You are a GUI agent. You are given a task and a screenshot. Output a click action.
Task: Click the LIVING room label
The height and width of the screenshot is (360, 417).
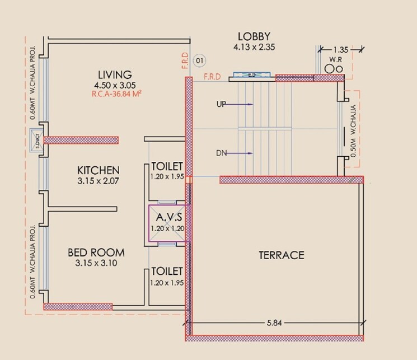coord(115,74)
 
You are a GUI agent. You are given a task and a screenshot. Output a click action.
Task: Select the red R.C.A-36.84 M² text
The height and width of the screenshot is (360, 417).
coord(116,94)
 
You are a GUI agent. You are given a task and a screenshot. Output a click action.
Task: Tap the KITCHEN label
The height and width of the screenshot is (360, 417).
coord(98,170)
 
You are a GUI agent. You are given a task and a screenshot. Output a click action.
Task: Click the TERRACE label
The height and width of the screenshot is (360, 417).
coord(282,255)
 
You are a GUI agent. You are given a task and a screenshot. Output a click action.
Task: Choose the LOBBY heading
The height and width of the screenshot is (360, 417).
coord(254,37)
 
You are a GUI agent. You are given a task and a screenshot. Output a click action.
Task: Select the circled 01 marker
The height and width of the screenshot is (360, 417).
coord(199,60)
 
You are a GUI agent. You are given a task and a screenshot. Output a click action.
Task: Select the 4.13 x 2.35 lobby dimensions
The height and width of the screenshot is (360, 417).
coord(254,48)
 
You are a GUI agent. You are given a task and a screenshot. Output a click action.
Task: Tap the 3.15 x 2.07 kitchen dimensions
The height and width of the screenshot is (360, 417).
coord(98,181)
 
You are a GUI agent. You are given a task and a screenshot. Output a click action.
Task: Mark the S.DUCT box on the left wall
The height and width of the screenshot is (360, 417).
coord(36,140)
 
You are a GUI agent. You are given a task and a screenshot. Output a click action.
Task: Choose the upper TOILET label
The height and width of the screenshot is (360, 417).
coord(167,166)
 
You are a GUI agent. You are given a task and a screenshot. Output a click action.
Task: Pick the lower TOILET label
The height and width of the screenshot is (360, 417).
coord(167,271)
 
